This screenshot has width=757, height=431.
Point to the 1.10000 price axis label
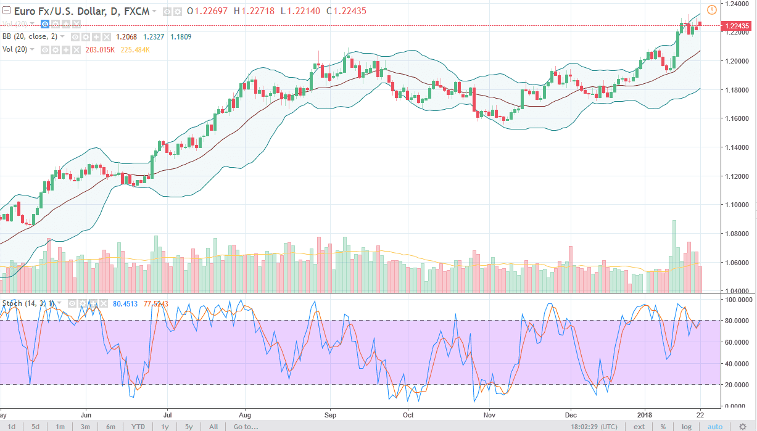click(737, 205)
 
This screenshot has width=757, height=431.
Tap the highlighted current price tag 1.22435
click(738, 26)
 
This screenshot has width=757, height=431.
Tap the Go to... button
click(246, 427)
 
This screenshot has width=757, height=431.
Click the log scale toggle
click(686, 427)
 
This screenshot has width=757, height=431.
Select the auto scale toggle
click(714, 427)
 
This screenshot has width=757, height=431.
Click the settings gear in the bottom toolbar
click(742, 427)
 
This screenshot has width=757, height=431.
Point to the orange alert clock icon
click(711, 9)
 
